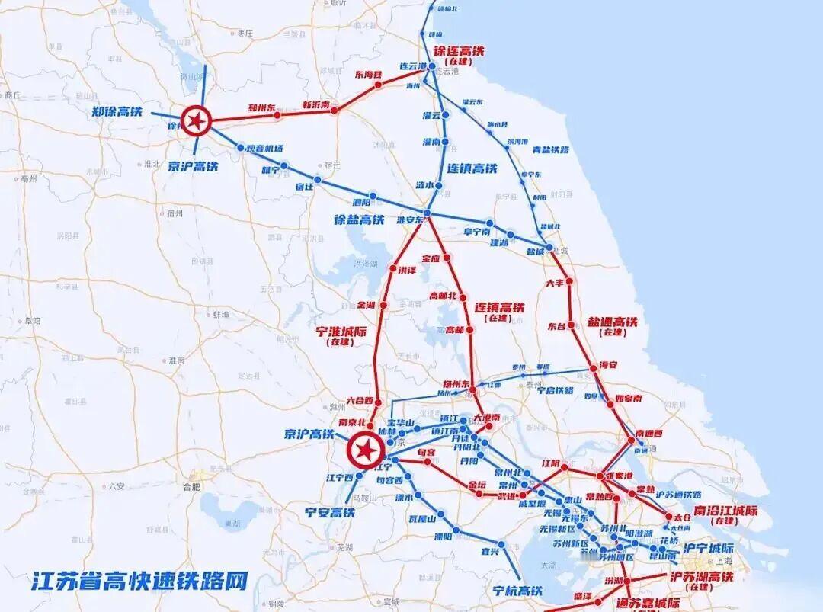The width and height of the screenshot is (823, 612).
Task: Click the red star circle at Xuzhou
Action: tap(197, 120)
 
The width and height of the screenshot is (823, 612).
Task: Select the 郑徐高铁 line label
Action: tap(117, 111)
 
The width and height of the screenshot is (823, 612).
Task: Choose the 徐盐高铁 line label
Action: tap(359, 219)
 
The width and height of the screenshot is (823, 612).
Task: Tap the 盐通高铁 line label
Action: tap(612, 322)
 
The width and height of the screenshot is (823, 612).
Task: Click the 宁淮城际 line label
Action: tap(341, 332)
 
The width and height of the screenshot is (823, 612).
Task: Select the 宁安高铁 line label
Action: tap(329, 512)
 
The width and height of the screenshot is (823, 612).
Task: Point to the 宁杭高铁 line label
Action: tap(517, 590)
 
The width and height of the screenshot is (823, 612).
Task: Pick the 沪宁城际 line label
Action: tap(708, 549)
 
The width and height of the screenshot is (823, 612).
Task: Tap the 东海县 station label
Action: tap(368, 75)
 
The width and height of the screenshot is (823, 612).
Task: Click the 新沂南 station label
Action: tap(315, 105)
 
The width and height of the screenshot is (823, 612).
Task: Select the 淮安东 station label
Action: tap(409, 220)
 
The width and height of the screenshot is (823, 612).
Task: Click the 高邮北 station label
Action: tap(444, 296)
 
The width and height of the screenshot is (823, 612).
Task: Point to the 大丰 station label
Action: tap(555, 283)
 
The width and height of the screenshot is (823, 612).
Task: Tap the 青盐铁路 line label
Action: tap(550, 149)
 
